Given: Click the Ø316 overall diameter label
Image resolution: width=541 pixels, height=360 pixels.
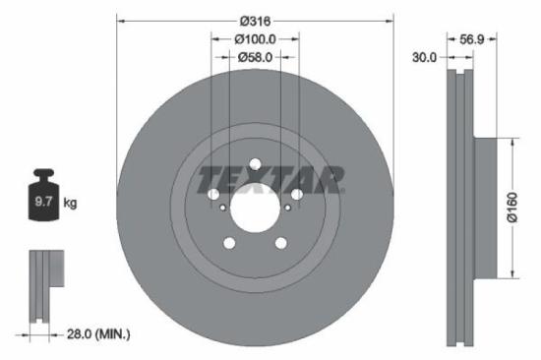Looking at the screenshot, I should point(254,19).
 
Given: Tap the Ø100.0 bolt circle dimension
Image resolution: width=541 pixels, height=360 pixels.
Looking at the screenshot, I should point(254,38).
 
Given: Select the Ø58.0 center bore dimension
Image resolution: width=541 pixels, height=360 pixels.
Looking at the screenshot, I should point(256,58).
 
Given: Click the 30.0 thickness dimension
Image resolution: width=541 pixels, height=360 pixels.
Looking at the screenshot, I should point(424,58).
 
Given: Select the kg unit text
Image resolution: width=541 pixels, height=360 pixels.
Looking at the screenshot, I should point(70,204).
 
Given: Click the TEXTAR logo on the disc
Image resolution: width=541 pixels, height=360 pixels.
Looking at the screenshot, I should point(270,180).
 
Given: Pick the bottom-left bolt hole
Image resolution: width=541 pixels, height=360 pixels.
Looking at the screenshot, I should point(229,243).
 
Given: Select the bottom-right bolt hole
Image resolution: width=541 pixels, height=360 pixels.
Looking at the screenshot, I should point(280,243).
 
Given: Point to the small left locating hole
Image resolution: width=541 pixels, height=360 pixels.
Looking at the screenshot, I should point(223,207).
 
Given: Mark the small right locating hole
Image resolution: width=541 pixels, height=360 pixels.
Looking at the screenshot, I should point(287,207).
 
